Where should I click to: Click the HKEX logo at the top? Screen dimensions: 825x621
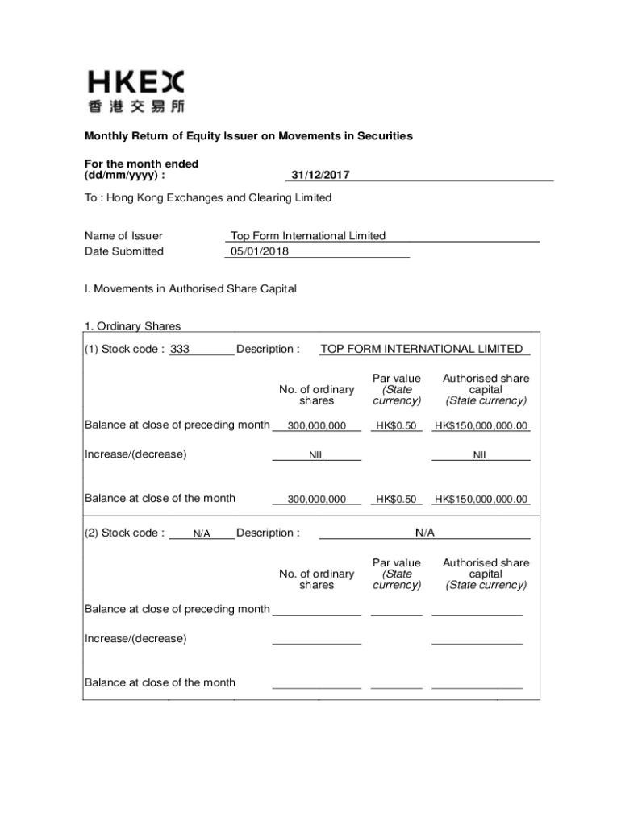coord(135,82)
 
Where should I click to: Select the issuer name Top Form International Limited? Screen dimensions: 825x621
coord(308,236)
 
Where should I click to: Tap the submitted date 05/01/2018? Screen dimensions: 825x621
coord(260,251)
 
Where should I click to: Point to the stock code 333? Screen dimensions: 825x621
coord(180,350)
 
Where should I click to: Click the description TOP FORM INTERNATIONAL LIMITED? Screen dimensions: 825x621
coord(422,349)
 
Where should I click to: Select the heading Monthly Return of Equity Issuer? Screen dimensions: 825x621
coord(249,136)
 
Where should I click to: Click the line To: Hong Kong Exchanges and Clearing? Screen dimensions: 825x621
coord(208,197)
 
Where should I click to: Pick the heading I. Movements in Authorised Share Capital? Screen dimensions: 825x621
coord(190,288)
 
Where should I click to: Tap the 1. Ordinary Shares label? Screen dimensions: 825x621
coord(133,326)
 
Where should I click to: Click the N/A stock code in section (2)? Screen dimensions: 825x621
coord(202,533)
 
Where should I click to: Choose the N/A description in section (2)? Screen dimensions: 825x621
coord(425,533)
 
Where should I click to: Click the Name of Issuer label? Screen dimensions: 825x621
coord(123,236)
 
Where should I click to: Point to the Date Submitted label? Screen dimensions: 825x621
coord(124,251)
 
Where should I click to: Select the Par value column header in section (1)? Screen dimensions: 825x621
coord(396,389)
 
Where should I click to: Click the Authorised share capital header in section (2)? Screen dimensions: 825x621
coord(486,574)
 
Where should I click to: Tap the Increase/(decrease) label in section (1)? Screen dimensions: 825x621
coord(135,454)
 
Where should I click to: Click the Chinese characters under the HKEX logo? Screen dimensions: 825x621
coord(135,106)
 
